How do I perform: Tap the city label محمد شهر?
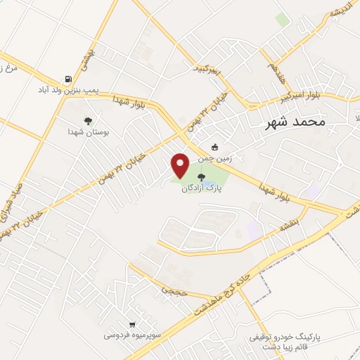click(x=295, y=122)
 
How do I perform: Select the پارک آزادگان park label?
click(x=202, y=188)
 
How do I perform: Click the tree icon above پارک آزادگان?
click(x=202, y=177)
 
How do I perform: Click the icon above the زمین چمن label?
click(x=215, y=148)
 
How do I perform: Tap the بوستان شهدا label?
click(x=86, y=131)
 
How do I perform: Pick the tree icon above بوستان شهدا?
click(x=87, y=121)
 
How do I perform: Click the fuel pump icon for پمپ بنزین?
click(x=68, y=79)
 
